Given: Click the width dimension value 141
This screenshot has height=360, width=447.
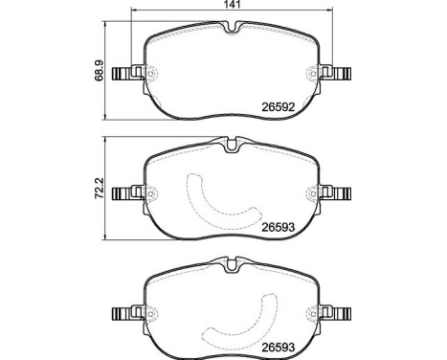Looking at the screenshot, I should pyautogui.click(x=231, y=6).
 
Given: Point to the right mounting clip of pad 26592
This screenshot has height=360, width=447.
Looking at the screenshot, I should pyautogui.click(x=340, y=74).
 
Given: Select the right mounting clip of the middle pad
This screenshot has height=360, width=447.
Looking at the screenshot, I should pyautogui.click(x=340, y=193).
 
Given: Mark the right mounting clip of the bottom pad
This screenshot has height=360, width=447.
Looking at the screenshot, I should pyautogui.click(x=340, y=312).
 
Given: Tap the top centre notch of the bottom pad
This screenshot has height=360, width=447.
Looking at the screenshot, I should pyautogui.click(x=230, y=264).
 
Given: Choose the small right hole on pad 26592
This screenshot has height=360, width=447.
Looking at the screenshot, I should pyautogui.click(x=309, y=74).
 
